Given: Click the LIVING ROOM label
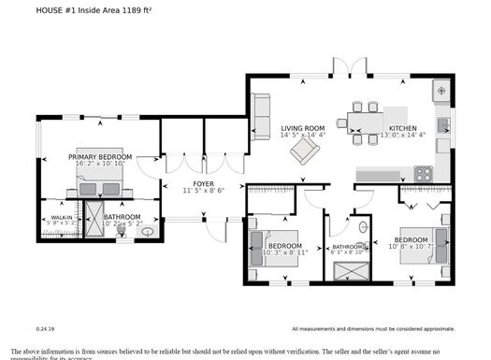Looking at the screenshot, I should click(302, 128).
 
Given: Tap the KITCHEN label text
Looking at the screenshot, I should click(403, 128).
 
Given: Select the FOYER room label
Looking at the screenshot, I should click(203, 183).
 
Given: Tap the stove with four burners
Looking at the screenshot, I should click(424, 173).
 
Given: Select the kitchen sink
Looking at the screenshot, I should click(443, 124).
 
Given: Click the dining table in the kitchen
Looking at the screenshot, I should click(360, 122).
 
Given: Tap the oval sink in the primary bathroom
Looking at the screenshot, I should click(147, 231).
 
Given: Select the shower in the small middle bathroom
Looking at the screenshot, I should click(350, 270).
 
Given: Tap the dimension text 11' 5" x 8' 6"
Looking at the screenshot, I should click(203, 192).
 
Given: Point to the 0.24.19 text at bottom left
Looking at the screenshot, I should click(46, 329).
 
